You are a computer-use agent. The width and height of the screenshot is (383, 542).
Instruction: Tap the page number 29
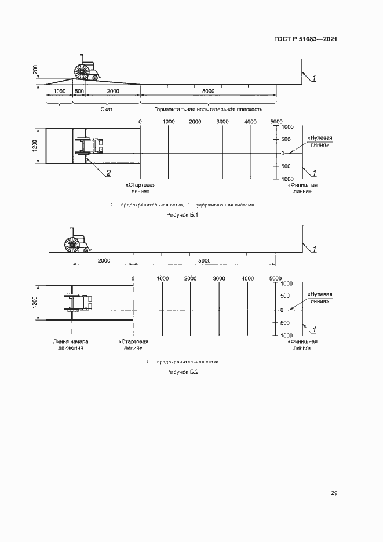coord(334,493)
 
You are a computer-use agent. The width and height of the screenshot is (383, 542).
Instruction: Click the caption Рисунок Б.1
coord(183,216)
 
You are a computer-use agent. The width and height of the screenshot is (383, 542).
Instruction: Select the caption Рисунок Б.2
coord(183,372)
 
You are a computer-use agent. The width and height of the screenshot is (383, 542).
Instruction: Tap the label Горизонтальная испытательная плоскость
coord(209,109)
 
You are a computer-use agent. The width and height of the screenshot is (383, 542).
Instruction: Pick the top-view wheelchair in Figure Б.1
coord(89,145)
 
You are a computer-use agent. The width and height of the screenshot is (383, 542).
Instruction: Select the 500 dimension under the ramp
coord(79,92)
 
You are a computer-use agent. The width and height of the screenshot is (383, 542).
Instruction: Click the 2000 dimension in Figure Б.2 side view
coord(104,261)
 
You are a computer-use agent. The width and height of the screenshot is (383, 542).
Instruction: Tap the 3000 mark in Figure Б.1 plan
coord(222,122)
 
